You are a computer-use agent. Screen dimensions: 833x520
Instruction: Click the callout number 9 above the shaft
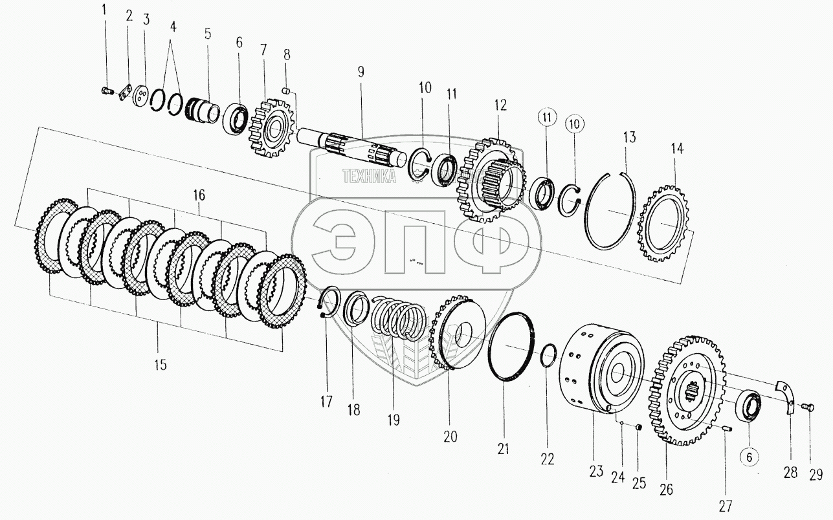click(x=362, y=71)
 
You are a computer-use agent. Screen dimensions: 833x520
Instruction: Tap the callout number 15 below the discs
click(x=160, y=365)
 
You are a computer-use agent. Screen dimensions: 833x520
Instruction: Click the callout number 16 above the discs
click(x=199, y=195)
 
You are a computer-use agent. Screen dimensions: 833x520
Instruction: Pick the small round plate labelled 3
click(x=137, y=97)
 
